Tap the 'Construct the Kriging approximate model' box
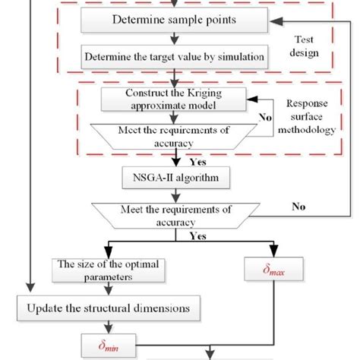pyautogui.click(x=174, y=98)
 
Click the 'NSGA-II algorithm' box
pyautogui.click(x=174, y=178)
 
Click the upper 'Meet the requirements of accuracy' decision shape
pyautogui.click(x=174, y=135)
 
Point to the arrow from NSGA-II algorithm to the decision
pyautogui.click(x=174, y=195)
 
